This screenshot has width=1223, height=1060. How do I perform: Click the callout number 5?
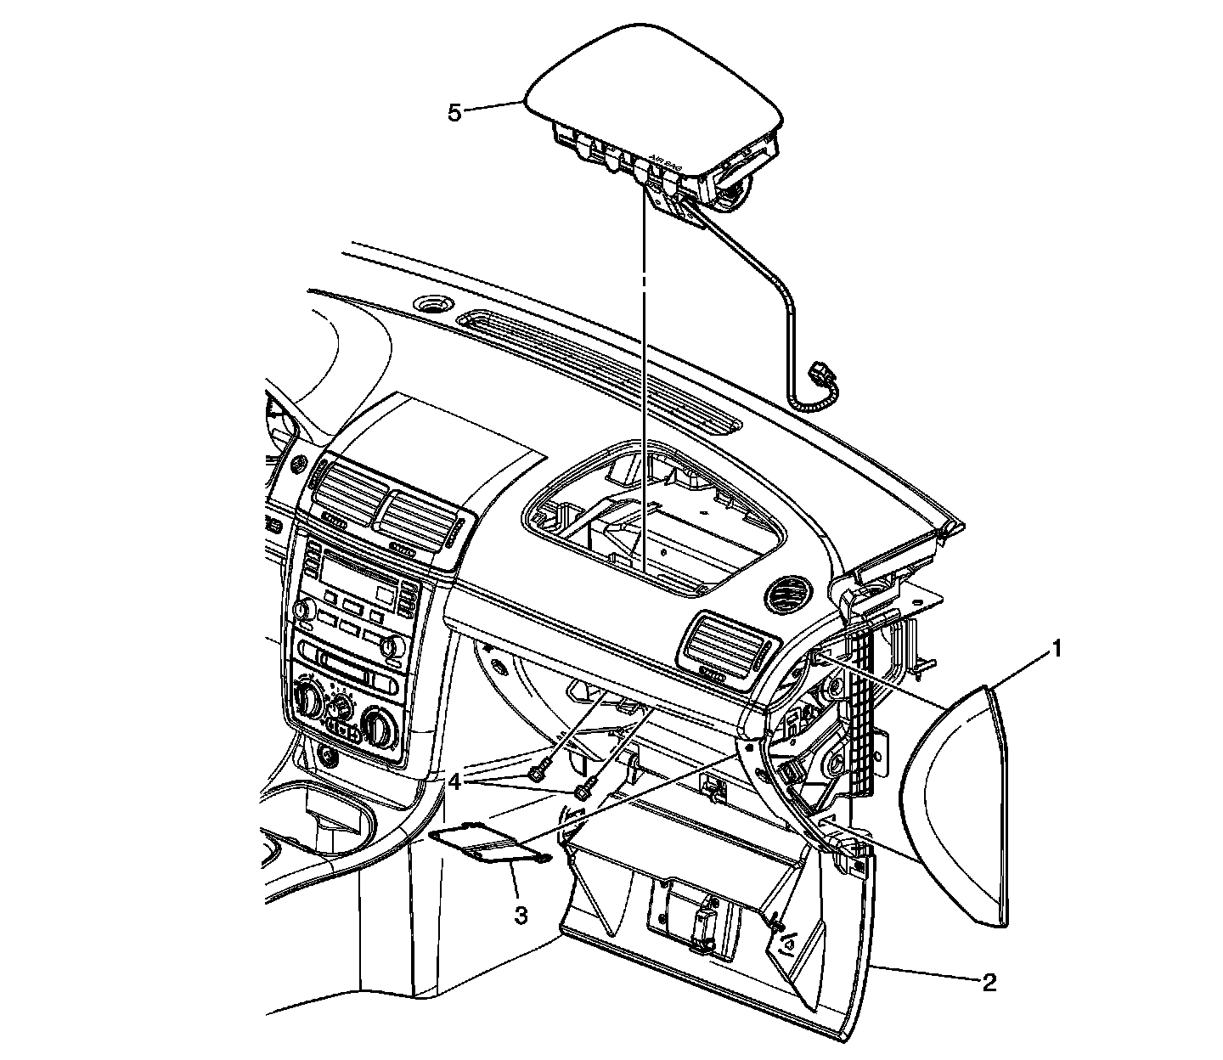pos(454,112)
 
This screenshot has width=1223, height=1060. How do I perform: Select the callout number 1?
pos(1057,650)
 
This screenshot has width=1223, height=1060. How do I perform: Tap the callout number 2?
pos(988,983)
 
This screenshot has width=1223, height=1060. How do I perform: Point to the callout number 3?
pos(521,915)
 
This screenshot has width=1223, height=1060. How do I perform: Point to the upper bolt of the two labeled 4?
pos(537,773)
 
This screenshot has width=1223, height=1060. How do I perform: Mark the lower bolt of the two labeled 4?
pos(583,792)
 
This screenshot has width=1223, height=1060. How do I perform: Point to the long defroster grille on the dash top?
pos(595,370)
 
